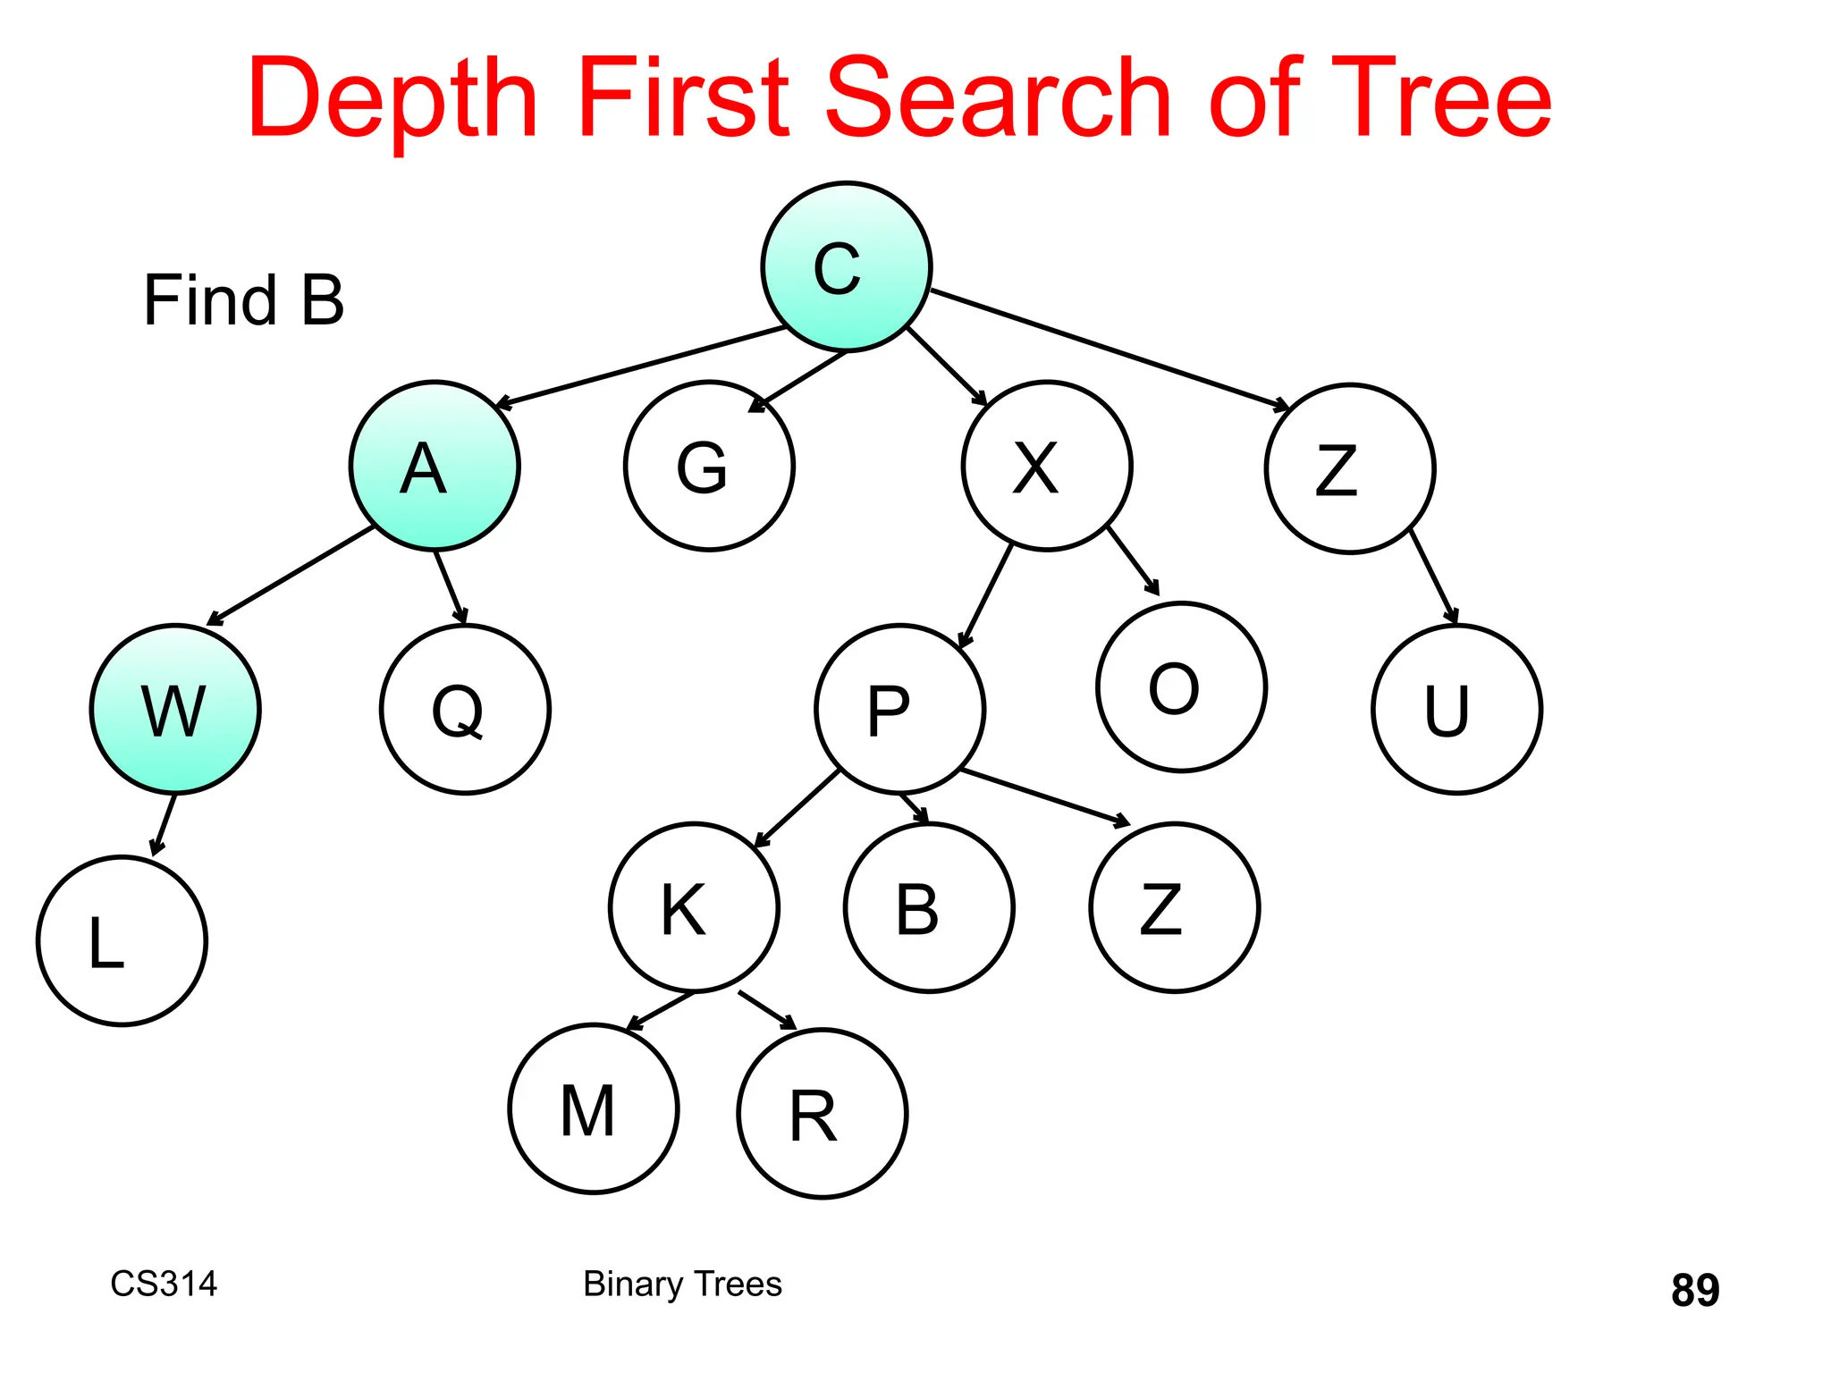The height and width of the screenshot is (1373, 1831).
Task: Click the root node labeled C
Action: click(846, 266)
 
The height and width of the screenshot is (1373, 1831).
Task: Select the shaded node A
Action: click(435, 466)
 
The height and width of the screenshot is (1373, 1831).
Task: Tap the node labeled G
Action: click(709, 466)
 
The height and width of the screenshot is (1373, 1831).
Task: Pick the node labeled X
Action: click(1047, 466)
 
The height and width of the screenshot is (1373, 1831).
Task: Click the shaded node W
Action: click(175, 709)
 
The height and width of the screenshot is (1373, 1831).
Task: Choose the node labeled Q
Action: click(465, 709)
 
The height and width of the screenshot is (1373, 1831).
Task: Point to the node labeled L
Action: click(122, 940)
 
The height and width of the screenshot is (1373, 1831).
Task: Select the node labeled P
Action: click(899, 709)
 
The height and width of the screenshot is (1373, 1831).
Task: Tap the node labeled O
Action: click(1181, 686)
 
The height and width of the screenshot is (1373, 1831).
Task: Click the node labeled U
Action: click(1456, 709)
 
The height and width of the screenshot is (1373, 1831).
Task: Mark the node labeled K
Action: click(694, 907)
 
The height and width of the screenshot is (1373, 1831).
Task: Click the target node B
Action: click(929, 907)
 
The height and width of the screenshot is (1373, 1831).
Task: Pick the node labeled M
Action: click(594, 1108)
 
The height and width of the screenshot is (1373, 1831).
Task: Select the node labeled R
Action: click(823, 1114)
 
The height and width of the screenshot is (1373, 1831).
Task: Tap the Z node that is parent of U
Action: click(1350, 468)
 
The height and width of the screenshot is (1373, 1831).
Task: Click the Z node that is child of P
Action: click(1175, 907)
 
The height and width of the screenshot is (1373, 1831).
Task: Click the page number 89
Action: click(1694, 1290)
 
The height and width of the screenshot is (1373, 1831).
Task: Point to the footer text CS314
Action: click(164, 1284)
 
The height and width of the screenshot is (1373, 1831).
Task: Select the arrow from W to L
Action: click(164, 824)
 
